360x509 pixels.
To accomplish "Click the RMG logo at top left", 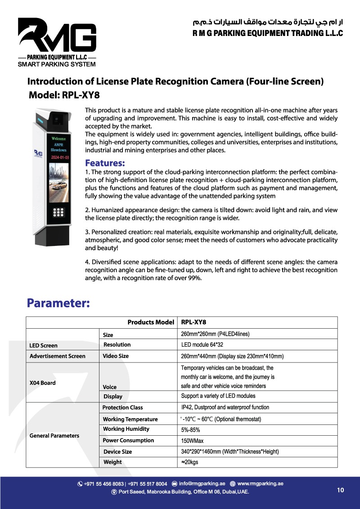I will (57, 38).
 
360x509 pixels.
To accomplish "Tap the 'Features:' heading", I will (105, 162).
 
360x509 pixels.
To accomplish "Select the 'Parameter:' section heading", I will (58, 303).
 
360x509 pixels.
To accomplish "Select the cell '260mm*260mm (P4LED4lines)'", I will (215, 334).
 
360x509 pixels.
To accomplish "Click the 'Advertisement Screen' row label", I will (57, 356).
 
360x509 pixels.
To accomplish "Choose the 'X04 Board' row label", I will (42, 383).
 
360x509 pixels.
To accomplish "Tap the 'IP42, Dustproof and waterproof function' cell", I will (225, 407).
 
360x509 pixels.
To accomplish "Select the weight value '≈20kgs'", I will (189, 462).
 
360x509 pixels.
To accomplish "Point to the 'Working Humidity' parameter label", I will (126, 429).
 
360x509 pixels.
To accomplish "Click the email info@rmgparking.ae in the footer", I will (202, 484).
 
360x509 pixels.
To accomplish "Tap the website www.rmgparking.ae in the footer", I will (260, 484).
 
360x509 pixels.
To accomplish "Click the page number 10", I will (340, 490).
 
